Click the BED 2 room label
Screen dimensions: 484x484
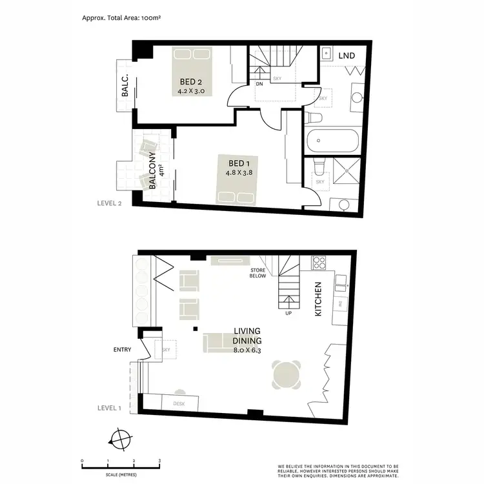click(x=190, y=82)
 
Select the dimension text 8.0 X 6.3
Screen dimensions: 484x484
click(x=251, y=350)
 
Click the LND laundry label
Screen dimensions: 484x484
click(x=347, y=55)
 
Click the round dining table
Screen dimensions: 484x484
click(x=286, y=374)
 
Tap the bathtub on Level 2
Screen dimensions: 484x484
click(x=333, y=140)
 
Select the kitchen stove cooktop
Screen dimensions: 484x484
click(x=319, y=263)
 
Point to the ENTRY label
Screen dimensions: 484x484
click(x=121, y=350)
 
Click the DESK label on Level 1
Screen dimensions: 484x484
click(x=179, y=404)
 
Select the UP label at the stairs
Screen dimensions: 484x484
click(x=288, y=314)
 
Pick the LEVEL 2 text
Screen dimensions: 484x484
click(x=109, y=203)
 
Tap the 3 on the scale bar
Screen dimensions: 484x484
click(x=159, y=461)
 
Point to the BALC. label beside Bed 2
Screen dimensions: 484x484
click(x=125, y=86)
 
